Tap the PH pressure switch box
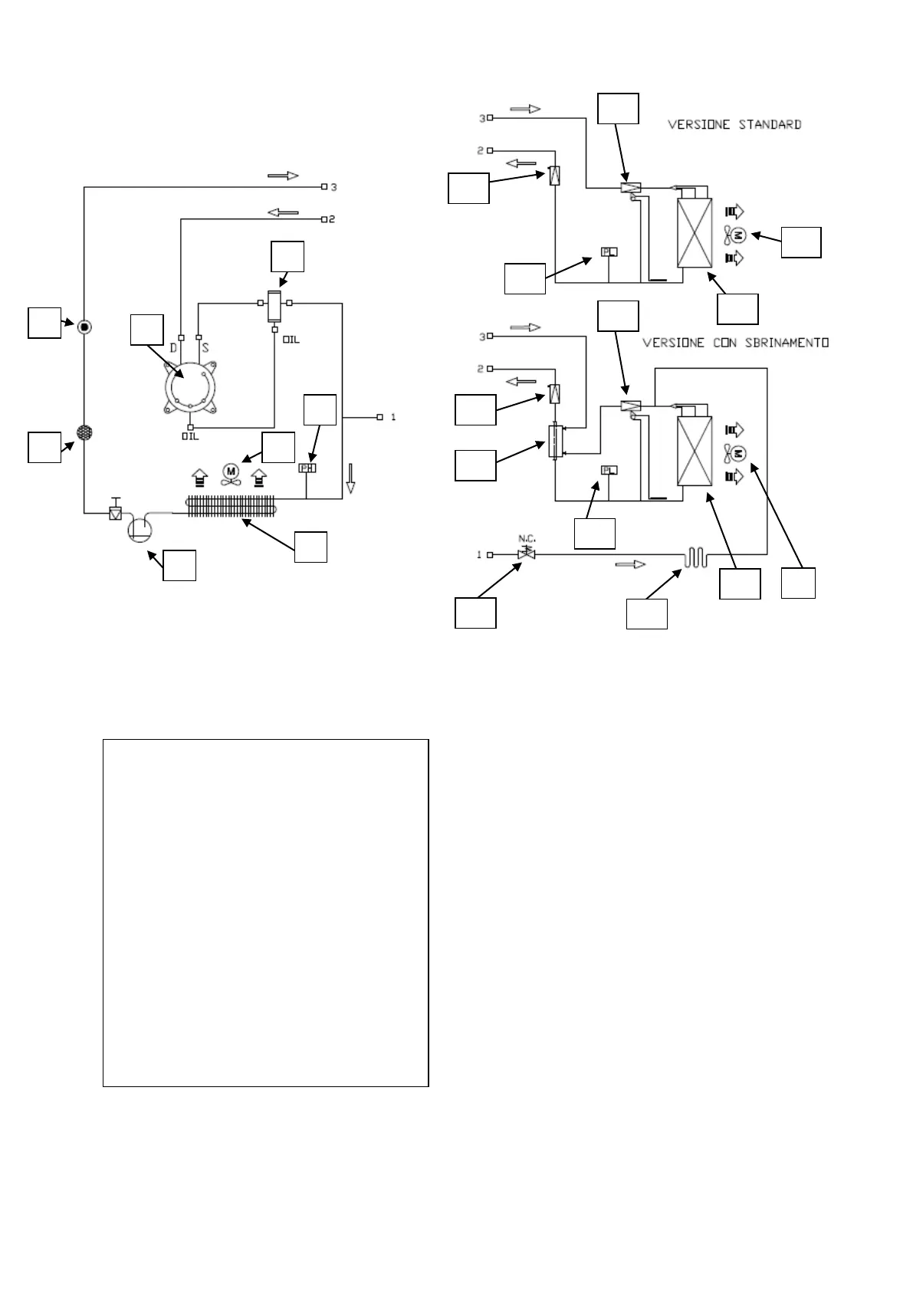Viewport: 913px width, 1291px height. point(307,468)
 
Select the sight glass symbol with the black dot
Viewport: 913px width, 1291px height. point(84,327)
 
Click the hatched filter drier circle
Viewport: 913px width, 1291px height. point(84,432)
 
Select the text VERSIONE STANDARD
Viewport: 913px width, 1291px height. point(734,124)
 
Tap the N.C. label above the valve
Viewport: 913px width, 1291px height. point(527,537)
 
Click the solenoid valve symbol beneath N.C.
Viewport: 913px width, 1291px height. point(527,554)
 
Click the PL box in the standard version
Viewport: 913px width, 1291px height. point(609,251)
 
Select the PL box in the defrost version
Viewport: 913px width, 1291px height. point(609,470)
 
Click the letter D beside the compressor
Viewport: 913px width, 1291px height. point(173,347)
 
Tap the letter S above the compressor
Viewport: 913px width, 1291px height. point(205,347)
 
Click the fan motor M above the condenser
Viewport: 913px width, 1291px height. point(230,470)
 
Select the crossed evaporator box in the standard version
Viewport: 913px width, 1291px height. point(695,232)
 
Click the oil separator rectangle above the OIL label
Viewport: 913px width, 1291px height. point(274,307)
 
